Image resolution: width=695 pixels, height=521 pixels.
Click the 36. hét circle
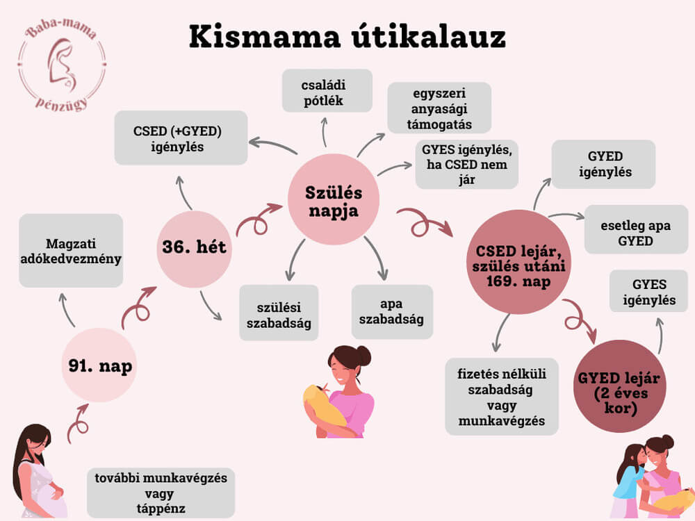click(x=194, y=247)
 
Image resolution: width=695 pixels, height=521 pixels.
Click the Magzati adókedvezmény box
click(x=71, y=251)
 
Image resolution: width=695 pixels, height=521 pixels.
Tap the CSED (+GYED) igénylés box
click(x=181, y=138)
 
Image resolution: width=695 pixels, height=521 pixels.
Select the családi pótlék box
click(x=327, y=90)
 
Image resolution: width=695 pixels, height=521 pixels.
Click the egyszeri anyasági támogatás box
click(x=439, y=108)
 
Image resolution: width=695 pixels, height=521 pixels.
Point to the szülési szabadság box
click(x=279, y=313)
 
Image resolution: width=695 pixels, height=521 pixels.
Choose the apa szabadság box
click(x=392, y=313)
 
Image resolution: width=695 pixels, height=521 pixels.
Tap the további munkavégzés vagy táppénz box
click(x=160, y=491)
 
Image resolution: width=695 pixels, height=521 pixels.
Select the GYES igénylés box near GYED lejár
click(x=649, y=292)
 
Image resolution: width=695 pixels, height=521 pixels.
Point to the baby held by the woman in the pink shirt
click(x=323, y=405)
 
